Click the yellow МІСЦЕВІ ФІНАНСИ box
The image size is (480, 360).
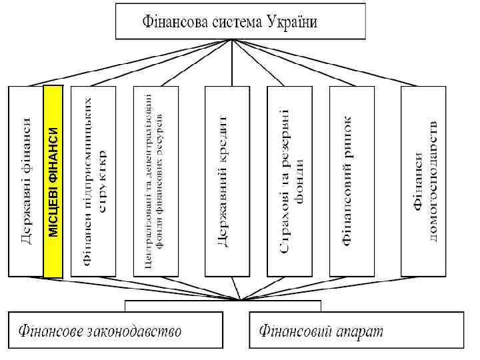(x=53, y=181)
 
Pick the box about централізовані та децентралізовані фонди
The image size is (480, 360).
(x=156, y=181)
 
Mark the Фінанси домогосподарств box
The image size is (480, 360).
(x=423, y=181)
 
